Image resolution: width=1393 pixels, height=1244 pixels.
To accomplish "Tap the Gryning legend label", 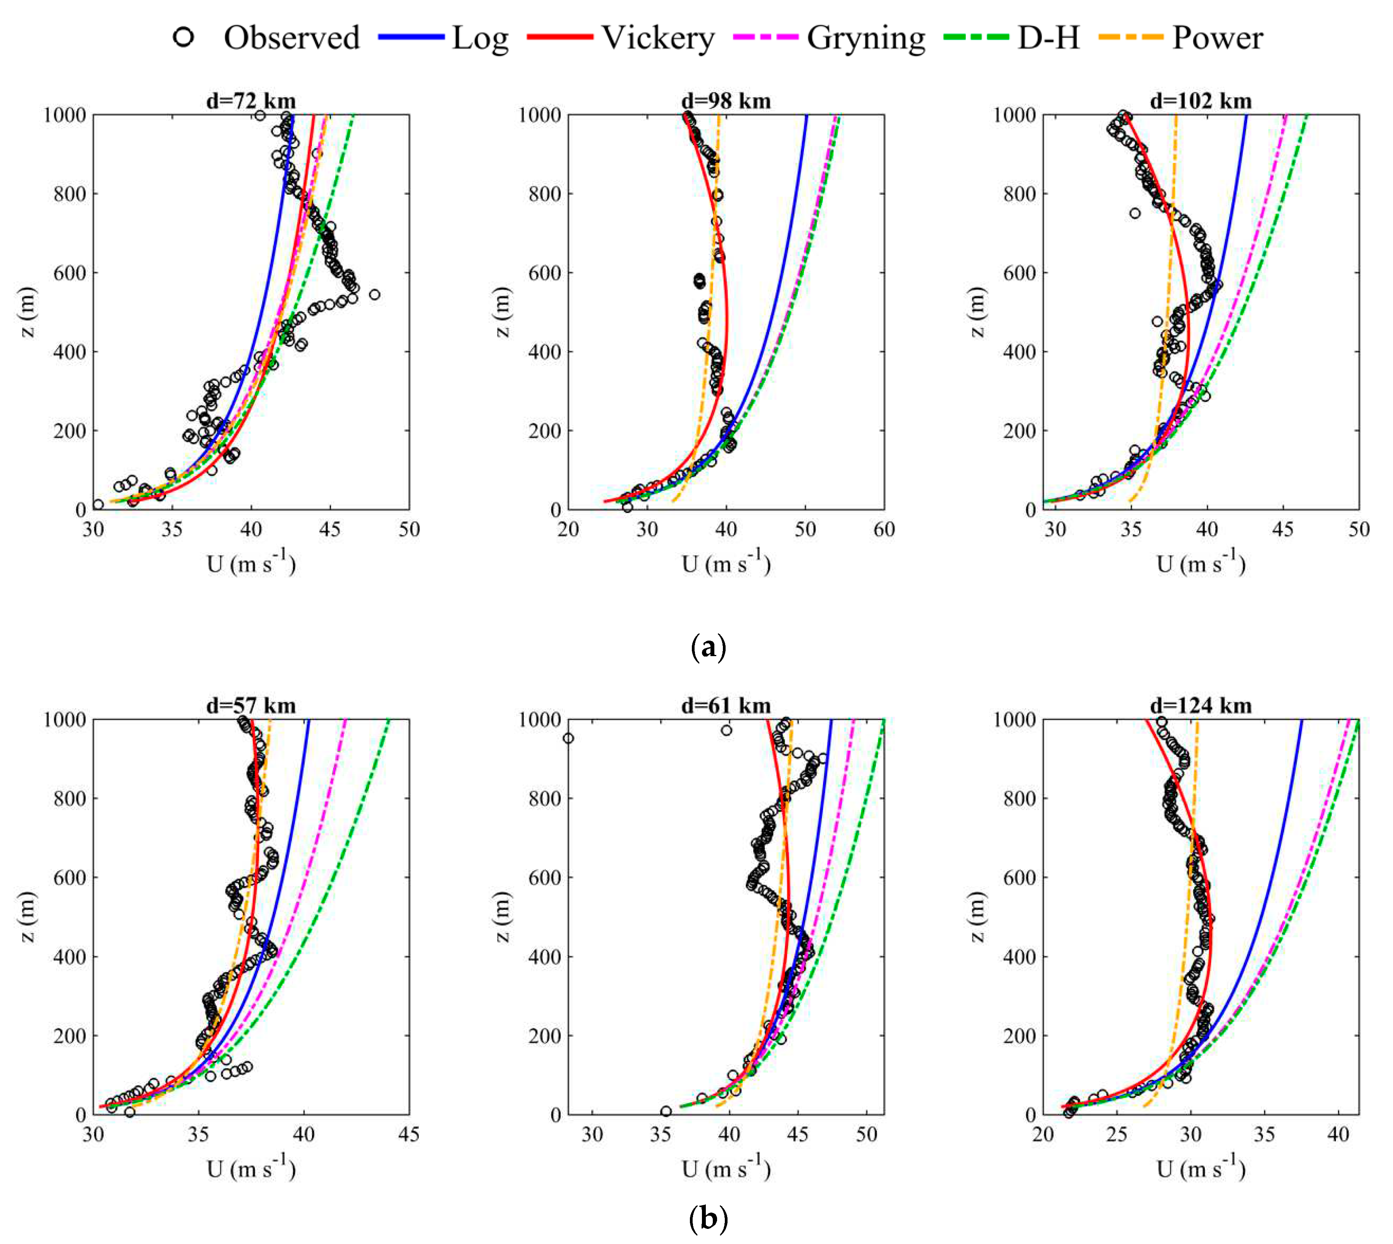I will pos(866,38).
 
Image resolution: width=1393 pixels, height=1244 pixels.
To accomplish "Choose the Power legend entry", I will pos(1217,38).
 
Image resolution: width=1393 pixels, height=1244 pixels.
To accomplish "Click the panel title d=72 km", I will pos(251,101).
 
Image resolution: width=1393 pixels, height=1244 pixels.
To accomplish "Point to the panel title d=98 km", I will pos(726,101).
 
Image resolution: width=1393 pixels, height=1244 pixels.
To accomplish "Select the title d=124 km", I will pos(1201,705).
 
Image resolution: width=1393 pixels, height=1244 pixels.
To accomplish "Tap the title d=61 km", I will pos(726,705).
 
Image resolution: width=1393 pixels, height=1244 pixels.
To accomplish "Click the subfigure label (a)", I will pos(709,646).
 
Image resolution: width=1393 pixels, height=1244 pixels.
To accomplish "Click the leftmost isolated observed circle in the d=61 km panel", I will pos(568,738).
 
